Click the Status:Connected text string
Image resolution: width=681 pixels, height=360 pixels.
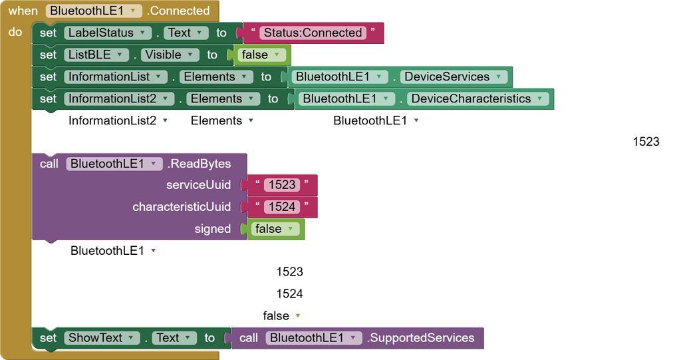[313, 33]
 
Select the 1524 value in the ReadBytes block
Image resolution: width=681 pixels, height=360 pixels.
[282, 207]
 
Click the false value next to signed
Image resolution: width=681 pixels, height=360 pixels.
[275, 229]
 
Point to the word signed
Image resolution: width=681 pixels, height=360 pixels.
[212, 229]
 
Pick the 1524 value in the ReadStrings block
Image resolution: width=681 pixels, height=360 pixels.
[289, 293]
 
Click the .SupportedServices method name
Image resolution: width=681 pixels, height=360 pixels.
[420, 337]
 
